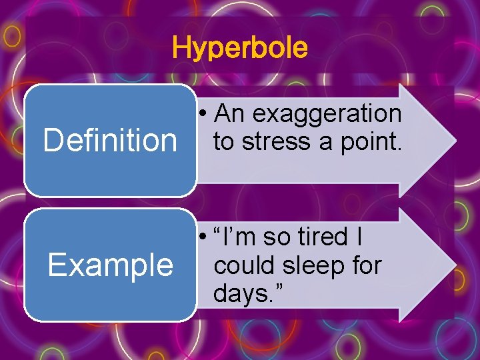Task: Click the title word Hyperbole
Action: pos(240,48)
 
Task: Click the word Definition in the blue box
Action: pos(110,141)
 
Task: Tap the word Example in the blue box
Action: pos(110,265)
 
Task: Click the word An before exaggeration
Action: pos(230,114)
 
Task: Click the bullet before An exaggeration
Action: pos(204,115)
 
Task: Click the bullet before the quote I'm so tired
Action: pos(204,237)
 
